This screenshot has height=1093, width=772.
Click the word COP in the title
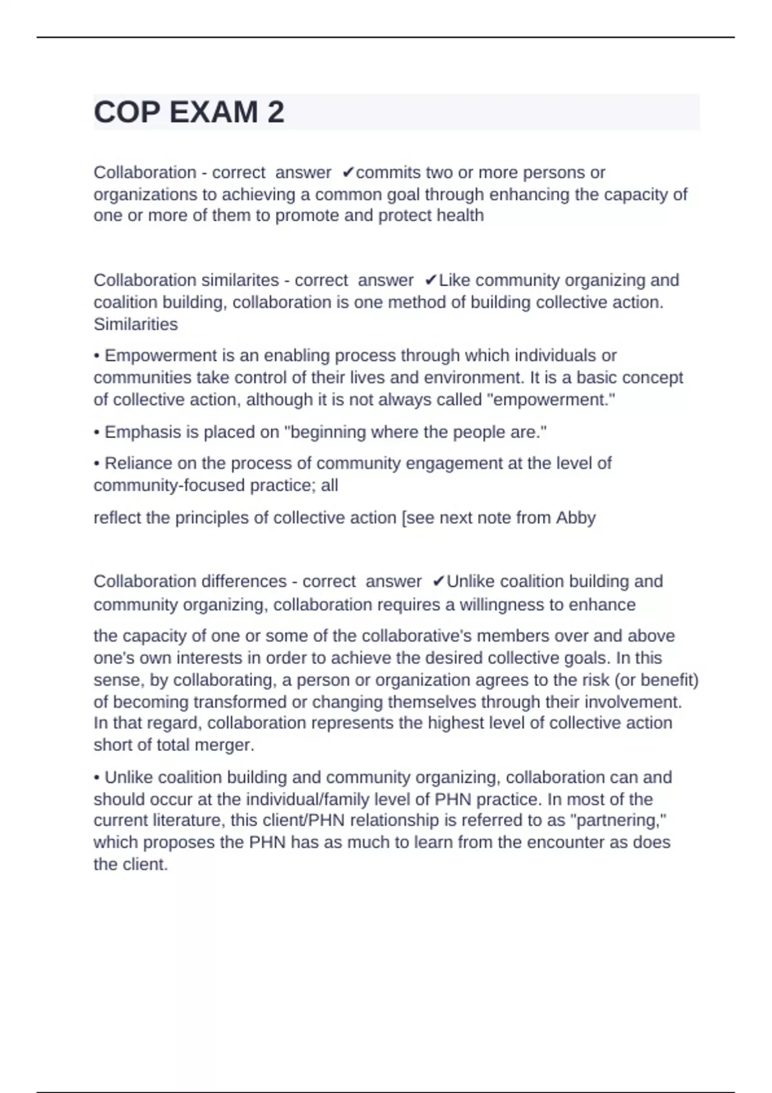click(127, 113)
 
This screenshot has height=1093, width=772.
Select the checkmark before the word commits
click(348, 172)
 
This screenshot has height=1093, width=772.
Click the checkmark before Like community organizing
click(431, 280)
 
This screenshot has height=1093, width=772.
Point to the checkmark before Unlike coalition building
click(439, 581)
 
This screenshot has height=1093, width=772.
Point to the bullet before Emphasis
click(96, 432)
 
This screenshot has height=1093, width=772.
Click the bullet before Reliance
click(96, 464)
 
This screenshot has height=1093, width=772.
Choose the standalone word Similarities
click(136, 324)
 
